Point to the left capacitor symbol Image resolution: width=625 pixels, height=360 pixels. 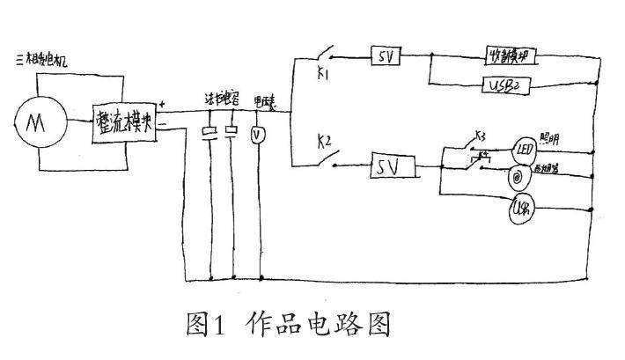click(210, 133)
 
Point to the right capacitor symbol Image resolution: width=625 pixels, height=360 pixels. click(232, 133)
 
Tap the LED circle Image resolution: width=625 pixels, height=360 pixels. click(525, 148)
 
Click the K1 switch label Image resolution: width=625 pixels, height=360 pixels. click(322, 75)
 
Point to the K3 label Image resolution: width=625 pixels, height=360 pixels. click(480, 136)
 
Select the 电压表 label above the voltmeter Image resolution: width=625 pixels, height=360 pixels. click(264, 102)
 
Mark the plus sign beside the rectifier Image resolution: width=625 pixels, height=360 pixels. click(162, 107)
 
